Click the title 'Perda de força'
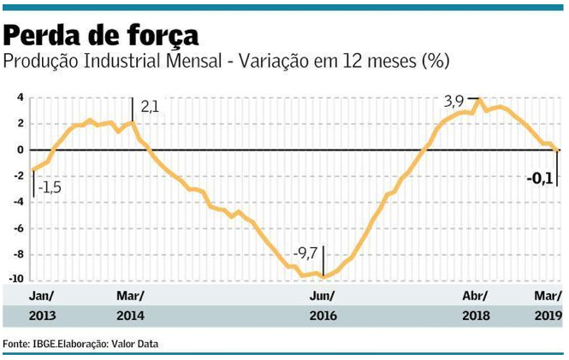102,35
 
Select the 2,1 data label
151,106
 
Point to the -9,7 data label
305,253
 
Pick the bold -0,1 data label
541,179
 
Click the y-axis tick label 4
19,97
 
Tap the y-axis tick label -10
15,280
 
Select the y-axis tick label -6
17,228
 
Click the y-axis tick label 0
19,150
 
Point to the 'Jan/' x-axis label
42,296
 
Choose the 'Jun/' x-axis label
322,296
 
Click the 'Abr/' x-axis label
475,296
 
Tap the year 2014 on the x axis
131,316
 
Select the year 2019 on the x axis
548,316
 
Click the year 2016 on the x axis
323,316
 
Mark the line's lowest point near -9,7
323,275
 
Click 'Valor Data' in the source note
133,344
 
